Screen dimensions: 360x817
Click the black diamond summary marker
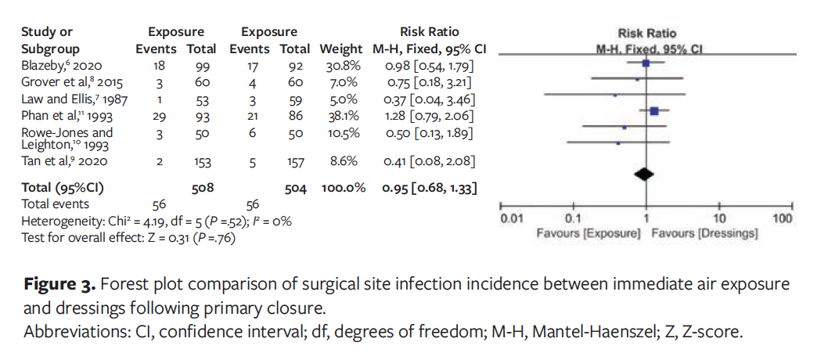pos(645,174)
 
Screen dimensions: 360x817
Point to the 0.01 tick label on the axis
pos(512,219)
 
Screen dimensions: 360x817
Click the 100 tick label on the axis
pos(783,219)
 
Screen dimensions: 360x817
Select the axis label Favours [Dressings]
pos(705,234)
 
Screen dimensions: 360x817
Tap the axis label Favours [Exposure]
pos(588,234)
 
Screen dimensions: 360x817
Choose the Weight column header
pos(341,49)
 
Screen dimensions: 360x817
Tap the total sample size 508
pos(203,188)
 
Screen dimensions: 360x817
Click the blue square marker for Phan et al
pos(654,111)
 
